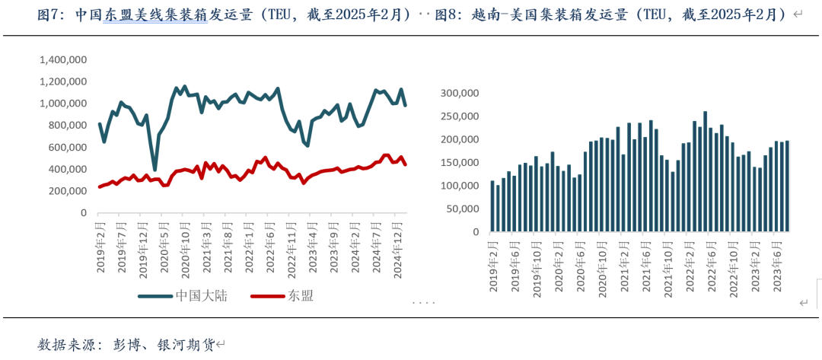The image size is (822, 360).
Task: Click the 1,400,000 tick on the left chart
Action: click(x=62, y=59)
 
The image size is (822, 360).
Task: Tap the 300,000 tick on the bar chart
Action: click(x=460, y=94)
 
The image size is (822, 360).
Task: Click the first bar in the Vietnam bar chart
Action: click(x=492, y=206)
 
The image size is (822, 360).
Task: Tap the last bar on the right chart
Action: click(x=787, y=186)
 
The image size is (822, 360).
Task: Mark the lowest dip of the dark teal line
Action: click(x=155, y=169)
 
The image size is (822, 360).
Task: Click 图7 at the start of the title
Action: click(x=49, y=14)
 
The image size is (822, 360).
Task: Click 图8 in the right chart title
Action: click(x=445, y=14)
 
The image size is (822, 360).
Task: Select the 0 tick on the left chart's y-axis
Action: click(x=84, y=214)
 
